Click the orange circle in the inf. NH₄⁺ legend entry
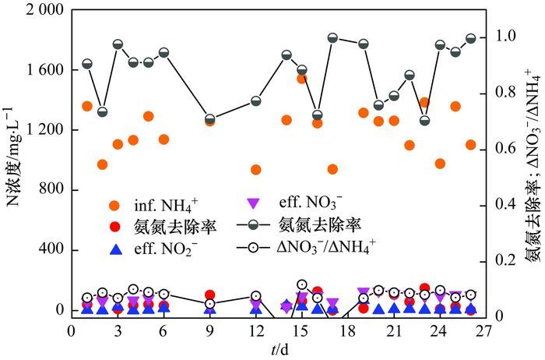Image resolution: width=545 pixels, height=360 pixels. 115,206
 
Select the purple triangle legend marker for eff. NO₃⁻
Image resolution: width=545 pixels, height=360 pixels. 252,203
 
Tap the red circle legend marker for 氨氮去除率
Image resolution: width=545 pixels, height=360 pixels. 115,227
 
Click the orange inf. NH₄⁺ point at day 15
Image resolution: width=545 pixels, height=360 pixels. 301,78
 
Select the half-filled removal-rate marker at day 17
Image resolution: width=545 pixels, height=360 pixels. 332,37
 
